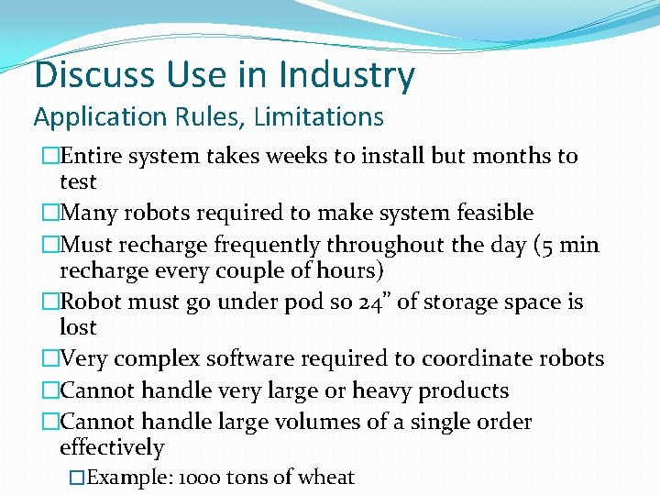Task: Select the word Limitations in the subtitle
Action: point(319,117)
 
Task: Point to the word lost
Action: point(78,327)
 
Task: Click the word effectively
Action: point(112,448)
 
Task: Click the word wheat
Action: point(326,478)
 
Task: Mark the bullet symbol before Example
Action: point(78,478)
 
